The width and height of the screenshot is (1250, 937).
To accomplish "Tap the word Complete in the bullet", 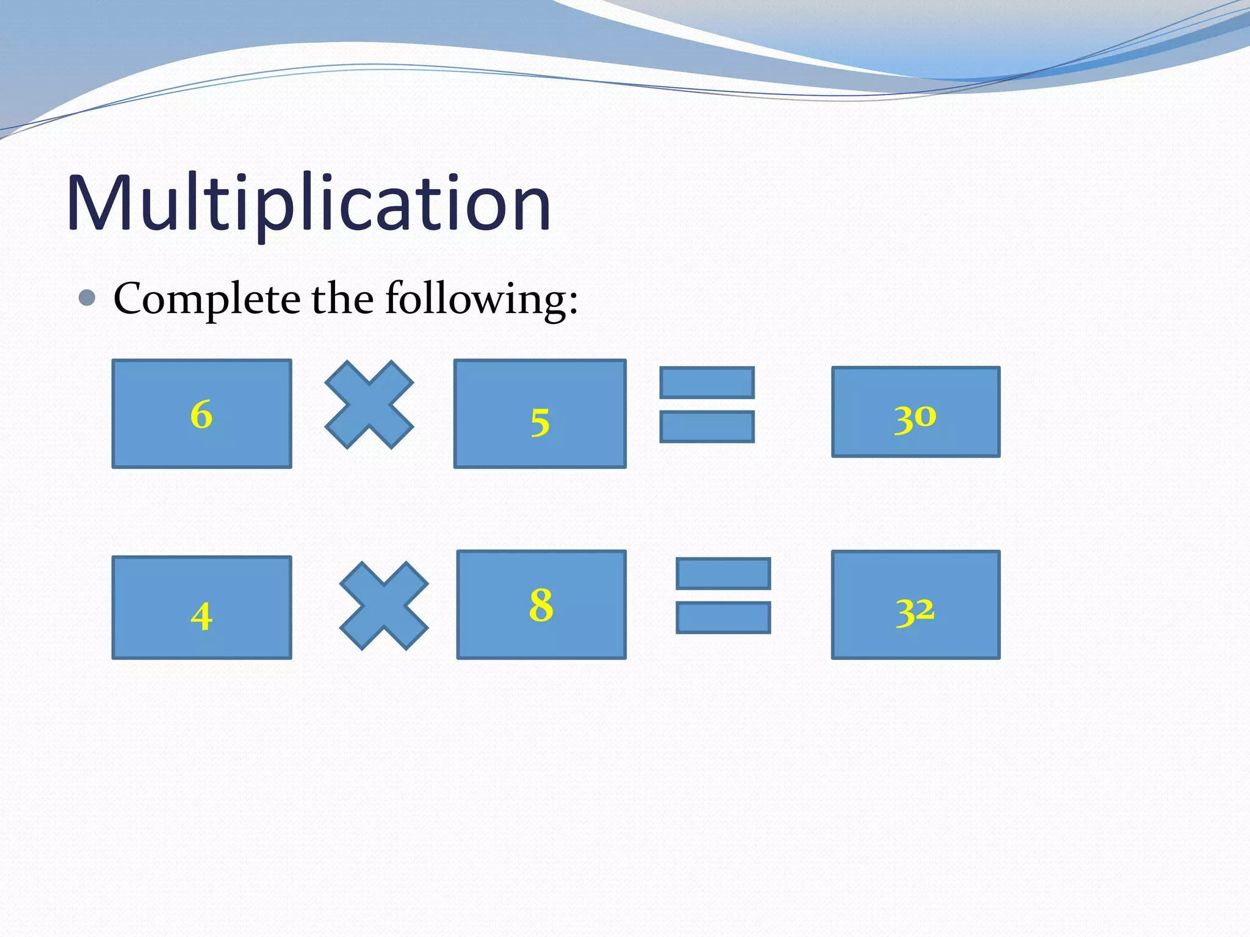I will [206, 299].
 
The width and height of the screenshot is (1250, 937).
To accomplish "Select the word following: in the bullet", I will [481, 299].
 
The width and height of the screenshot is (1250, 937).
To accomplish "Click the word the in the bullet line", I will [342, 299].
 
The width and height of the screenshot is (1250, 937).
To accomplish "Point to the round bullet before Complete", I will [87, 298].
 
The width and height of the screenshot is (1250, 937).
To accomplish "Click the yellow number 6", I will [201, 415].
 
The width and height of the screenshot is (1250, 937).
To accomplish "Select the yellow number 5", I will [540, 422].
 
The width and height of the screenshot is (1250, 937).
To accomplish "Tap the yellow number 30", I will [915, 418].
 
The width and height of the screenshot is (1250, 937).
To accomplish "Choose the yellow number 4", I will [201, 616].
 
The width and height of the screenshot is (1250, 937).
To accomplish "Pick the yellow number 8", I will [541, 605].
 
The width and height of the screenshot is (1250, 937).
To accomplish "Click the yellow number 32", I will [915, 611].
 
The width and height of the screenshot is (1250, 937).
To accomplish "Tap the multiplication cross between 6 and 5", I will [369, 404].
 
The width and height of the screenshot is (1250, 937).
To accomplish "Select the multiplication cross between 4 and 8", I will [384, 606].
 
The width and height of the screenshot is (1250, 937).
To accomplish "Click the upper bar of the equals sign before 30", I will [707, 382].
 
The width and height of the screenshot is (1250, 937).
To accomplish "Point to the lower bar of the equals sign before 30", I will [707, 426].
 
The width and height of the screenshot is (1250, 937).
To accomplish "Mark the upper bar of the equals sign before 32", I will [723, 573].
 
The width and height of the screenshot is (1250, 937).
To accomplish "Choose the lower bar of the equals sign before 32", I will [723, 617].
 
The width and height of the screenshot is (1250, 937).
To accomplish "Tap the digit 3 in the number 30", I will [904, 420].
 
